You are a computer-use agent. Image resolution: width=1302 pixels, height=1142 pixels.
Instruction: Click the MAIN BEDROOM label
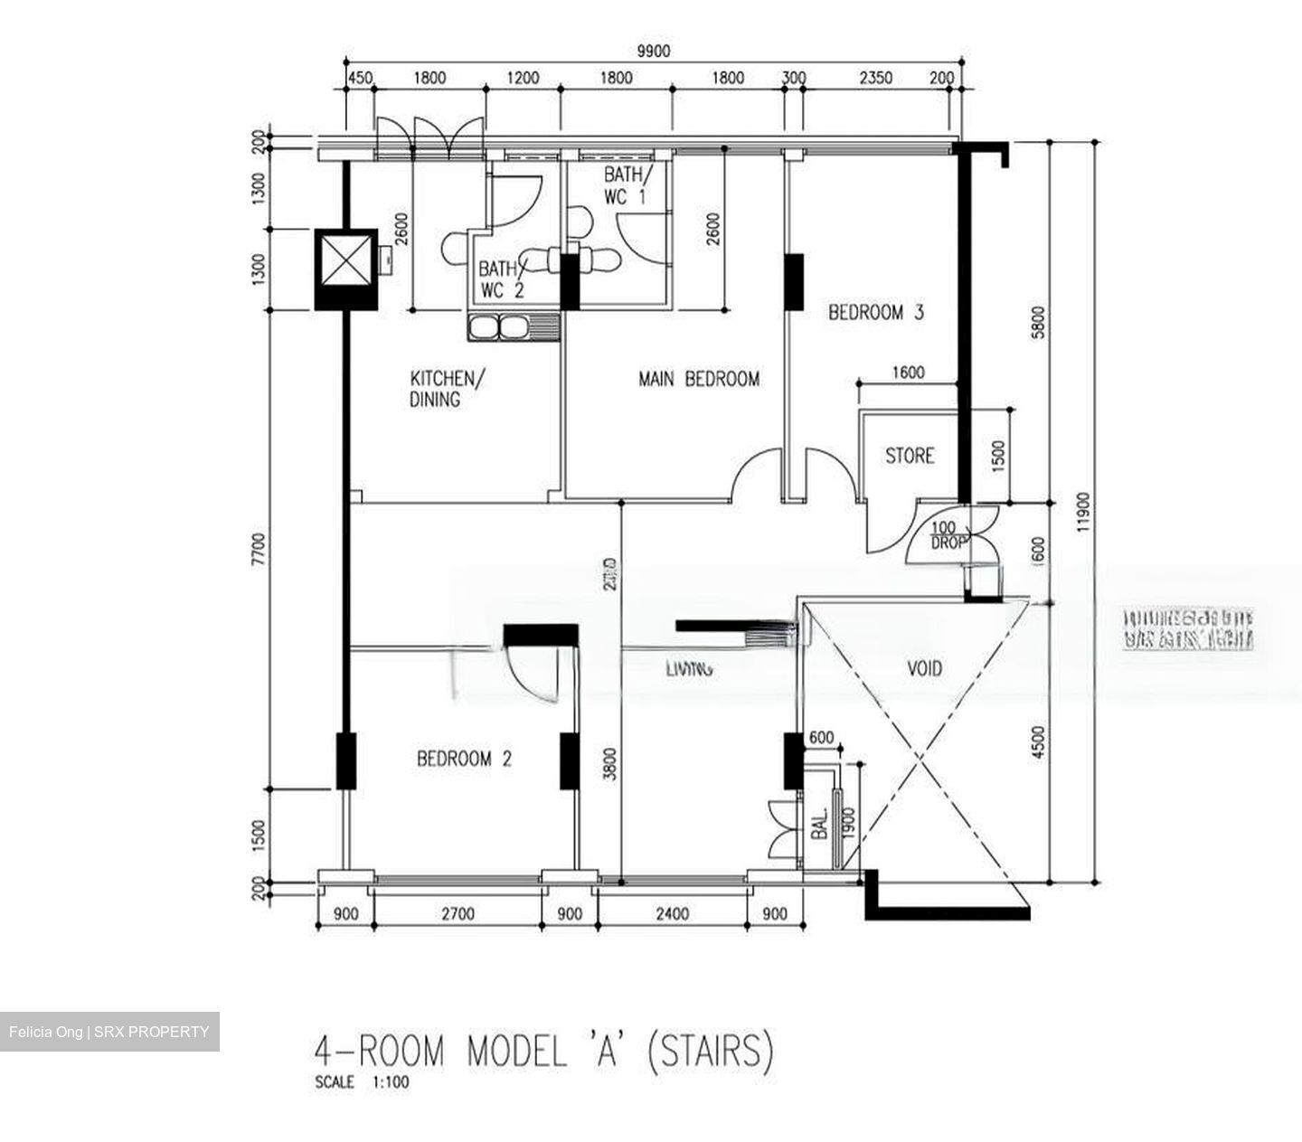click(698, 379)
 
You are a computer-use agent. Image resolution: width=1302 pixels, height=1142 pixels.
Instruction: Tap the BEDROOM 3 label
click(875, 313)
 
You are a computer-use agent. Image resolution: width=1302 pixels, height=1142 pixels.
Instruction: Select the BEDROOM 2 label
click(464, 759)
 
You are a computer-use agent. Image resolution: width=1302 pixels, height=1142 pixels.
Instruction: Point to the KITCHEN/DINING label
click(447, 388)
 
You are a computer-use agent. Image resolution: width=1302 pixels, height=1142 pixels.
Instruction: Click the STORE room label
click(909, 456)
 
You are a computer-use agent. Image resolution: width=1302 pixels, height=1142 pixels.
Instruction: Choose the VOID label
click(924, 668)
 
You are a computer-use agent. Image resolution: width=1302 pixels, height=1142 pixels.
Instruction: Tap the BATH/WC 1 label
click(625, 185)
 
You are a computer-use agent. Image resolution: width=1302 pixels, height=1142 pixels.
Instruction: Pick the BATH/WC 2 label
click(500, 279)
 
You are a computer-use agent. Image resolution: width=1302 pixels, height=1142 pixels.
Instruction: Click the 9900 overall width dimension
click(653, 52)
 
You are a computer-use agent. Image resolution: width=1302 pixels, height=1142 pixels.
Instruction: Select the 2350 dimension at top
click(874, 78)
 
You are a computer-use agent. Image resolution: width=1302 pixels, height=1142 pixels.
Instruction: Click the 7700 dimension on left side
click(259, 549)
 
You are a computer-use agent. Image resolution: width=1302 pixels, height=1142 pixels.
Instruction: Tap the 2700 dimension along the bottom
click(458, 914)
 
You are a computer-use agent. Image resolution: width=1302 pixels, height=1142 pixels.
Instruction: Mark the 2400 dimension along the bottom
click(672, 914)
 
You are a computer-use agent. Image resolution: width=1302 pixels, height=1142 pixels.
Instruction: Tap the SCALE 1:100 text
click(362, 1082)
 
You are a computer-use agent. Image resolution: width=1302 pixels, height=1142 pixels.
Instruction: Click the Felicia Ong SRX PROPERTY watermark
click(109, 1032)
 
